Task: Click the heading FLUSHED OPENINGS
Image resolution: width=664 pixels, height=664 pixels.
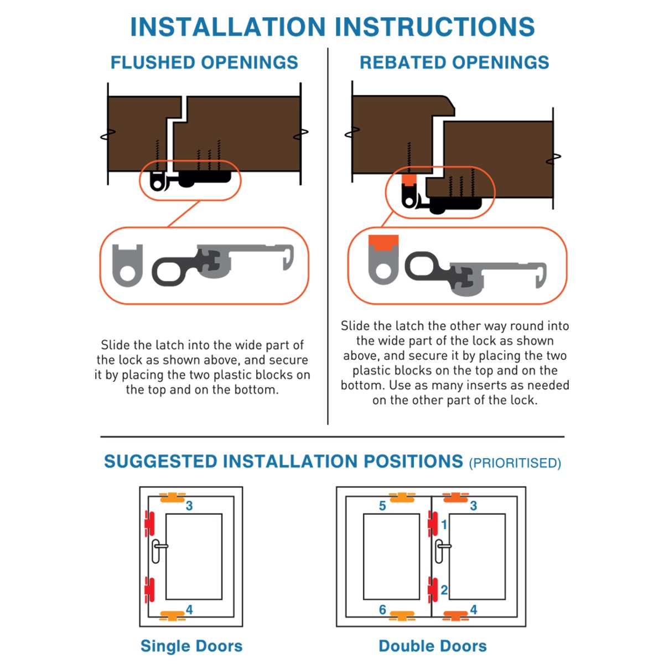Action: coord(204,63)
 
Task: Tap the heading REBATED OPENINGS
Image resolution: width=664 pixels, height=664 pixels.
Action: coord(454,63)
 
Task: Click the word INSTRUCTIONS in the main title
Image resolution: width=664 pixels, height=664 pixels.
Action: coord(434,27)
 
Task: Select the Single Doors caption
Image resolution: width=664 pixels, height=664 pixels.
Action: coord(191,646)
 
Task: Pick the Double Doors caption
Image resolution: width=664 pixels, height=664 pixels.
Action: coord(433,646)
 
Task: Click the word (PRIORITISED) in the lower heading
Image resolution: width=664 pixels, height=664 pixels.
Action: coord(515,463)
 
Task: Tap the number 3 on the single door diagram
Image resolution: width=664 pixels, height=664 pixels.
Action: coord(189,506)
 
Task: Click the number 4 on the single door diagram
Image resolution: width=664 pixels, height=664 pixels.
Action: coord(189,610)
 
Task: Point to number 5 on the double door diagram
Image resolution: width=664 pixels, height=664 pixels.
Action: coord(382,506)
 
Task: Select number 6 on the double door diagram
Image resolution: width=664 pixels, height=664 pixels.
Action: coord(382,610)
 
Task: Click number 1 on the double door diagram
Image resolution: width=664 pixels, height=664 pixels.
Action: coord(444,525)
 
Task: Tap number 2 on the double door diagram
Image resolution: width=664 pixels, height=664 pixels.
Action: coord(444,590)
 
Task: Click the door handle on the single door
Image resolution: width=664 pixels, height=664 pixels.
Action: coord(158,551)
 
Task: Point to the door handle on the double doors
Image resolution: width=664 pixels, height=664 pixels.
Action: coord(441,551)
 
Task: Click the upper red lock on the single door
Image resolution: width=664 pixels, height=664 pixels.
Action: coord(149,524)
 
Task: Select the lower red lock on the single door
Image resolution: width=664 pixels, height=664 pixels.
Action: coord(149,590)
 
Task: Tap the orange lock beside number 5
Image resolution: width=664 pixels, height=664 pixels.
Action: coord(402,498)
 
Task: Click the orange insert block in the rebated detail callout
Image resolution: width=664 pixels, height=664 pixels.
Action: coord(383,242)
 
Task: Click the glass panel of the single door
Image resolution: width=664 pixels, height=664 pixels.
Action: coord(194,557)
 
